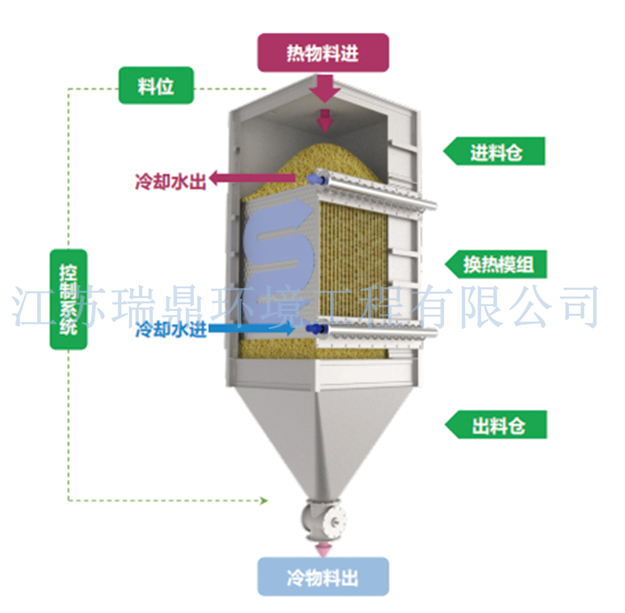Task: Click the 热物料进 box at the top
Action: (323, 53)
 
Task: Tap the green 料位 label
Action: (156, 86)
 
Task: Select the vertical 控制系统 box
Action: (68, 299)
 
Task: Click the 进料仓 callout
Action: (496, 151)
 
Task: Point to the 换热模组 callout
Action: (497, 265)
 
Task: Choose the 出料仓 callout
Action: (497, 425)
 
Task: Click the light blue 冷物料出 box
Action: (323, 576)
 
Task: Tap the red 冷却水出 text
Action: (170, 181)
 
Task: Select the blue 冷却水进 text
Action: (171, 329)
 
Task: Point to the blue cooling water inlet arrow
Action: (252, 328)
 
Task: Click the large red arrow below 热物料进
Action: (324, 88)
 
